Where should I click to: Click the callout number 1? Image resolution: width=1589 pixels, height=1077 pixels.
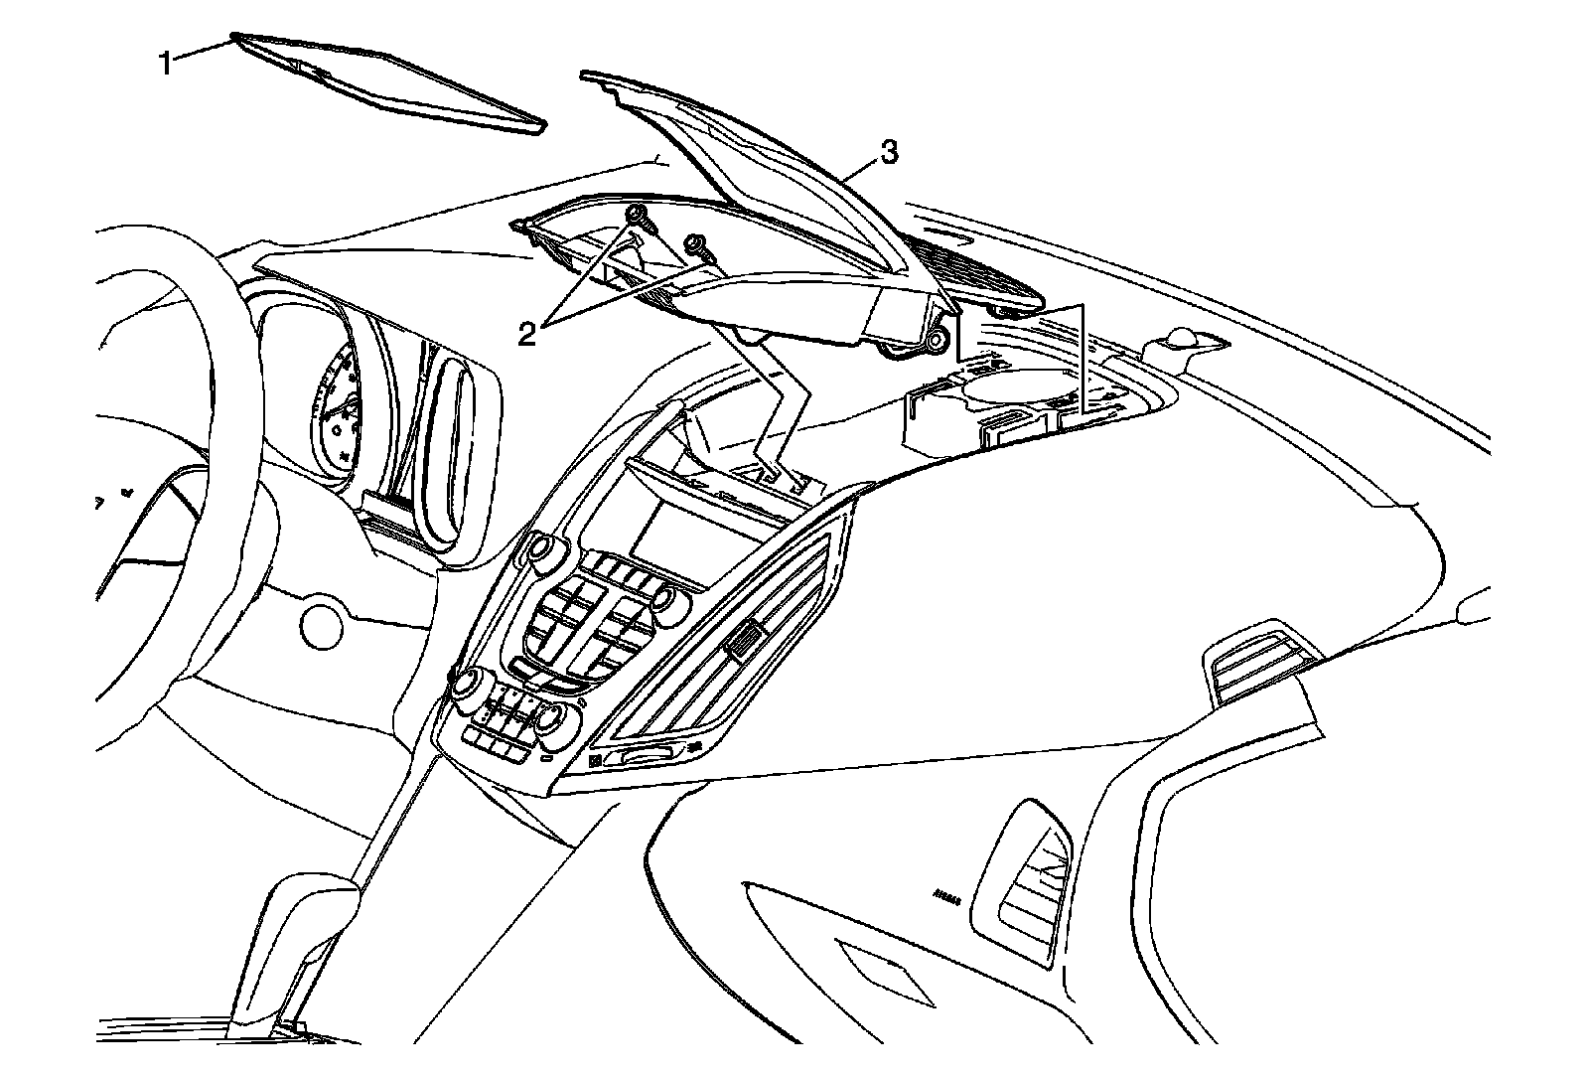pyautogui.click(x=167, y=65)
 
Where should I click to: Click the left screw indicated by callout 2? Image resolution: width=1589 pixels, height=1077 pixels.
pyautogui.click(x=637, y=217)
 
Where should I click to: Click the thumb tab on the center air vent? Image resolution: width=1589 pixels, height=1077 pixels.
pyautogui.click(x=746, y=641)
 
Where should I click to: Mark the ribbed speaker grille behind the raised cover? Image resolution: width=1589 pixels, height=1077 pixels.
pyautogui.click(x=983, y=273)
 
